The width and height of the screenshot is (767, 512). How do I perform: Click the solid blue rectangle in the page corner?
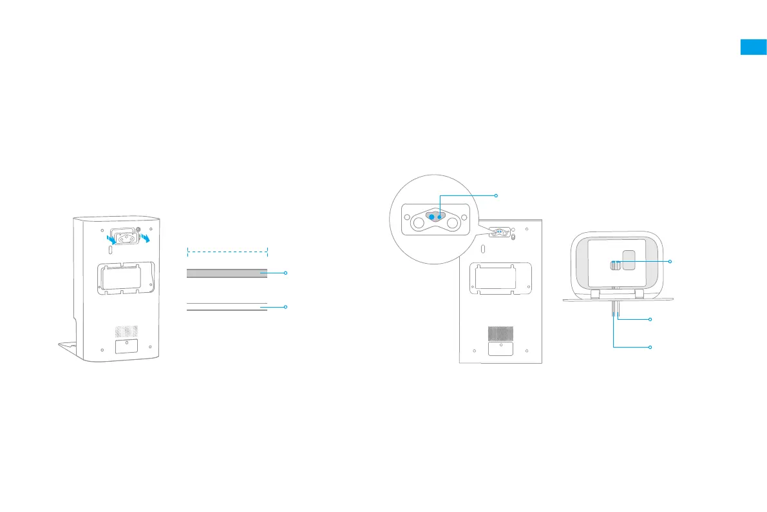coord(753,47)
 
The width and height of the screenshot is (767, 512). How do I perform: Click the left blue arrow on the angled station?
coord(111,239)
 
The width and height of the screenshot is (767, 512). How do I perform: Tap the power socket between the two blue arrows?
coord(126,235)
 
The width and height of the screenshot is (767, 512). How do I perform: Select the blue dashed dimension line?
coord(227,248)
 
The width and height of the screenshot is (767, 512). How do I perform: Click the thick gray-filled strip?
coord(227,273)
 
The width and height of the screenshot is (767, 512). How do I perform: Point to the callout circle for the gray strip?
coord(285,273)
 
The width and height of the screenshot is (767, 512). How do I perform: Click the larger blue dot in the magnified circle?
coord(432,217)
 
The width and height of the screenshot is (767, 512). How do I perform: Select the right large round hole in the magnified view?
coord(453,223)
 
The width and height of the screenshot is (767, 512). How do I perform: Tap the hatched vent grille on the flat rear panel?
coord(500,333)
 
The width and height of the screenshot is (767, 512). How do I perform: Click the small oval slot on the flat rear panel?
coord(483,248)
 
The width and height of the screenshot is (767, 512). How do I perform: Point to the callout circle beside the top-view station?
coord(670,261)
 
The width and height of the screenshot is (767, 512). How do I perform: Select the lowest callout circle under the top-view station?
coord(650,347)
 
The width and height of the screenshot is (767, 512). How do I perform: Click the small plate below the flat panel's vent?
coord(500,348)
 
